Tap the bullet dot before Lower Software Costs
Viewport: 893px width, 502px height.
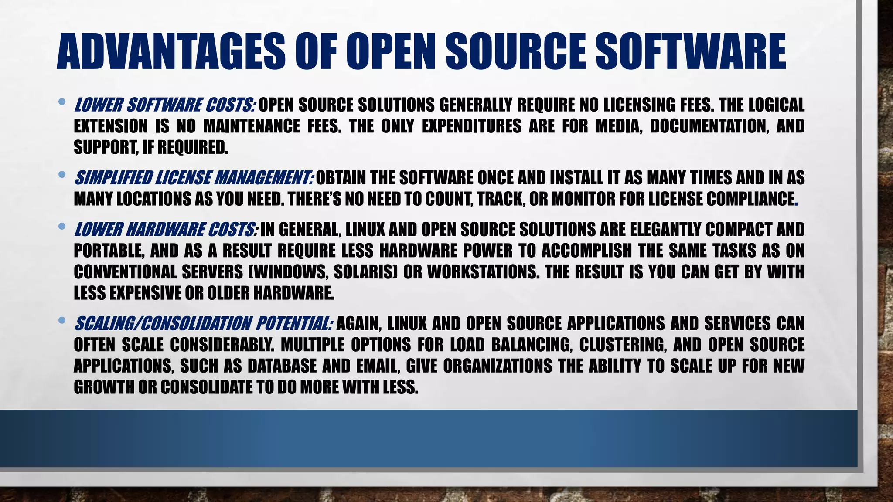click(61, 102)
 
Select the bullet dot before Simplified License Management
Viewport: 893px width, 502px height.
click(61, 175)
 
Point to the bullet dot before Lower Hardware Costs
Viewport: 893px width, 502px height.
click(61, 227)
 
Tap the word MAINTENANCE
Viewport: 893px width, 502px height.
click(252, 126)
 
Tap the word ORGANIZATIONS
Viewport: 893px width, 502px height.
click(498, 366)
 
